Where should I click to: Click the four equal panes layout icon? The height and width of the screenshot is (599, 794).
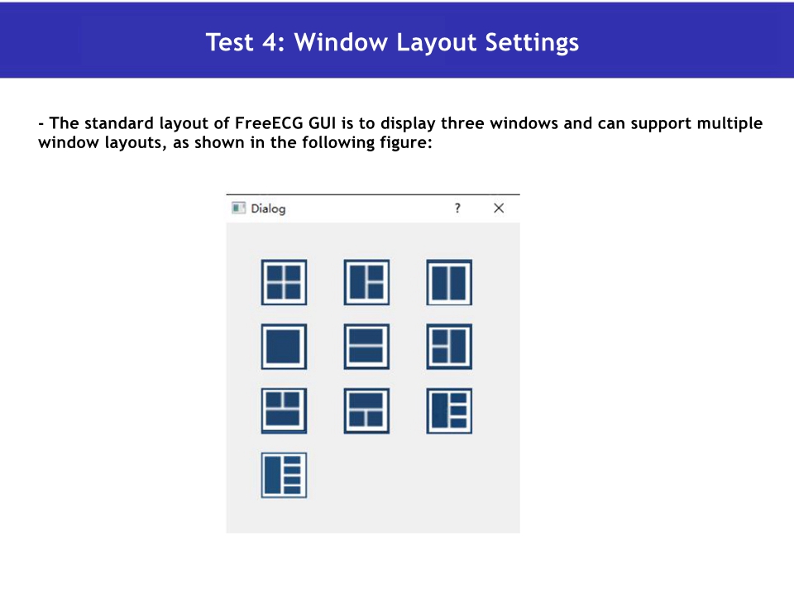tap(284, 282)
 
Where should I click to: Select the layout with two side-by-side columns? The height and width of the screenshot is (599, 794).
tap(449, 282)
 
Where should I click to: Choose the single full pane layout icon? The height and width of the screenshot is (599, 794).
tap(284, 347)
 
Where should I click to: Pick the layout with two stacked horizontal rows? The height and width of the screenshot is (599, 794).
tap(366, 347)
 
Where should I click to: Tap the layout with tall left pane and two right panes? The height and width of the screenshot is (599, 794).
tap(366, 282)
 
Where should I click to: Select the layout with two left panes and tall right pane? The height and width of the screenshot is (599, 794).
tap(449, 347)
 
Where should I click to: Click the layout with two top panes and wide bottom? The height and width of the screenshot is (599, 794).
tap(284, 411)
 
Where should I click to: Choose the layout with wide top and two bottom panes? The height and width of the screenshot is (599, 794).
tap(366, 411)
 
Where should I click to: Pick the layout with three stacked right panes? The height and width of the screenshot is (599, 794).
tap(449, 411)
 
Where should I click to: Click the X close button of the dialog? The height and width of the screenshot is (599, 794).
tap(499, 208)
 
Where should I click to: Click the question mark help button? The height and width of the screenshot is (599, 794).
tap(457, 208)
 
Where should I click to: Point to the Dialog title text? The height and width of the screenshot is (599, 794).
tap(268, 209)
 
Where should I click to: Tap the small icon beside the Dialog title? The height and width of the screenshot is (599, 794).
tap(238, 208)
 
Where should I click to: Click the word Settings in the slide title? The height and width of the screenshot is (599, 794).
tap(532, 42)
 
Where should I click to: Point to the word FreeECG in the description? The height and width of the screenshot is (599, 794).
tap(270, 123)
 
